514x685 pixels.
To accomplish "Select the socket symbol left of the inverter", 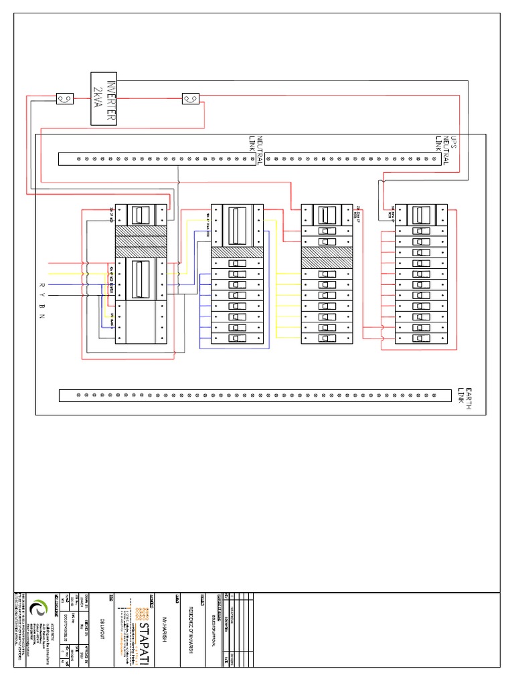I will point(65,99).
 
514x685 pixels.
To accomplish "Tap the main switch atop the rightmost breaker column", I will point(419,215).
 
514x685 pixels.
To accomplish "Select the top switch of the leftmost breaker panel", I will point(141,215).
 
